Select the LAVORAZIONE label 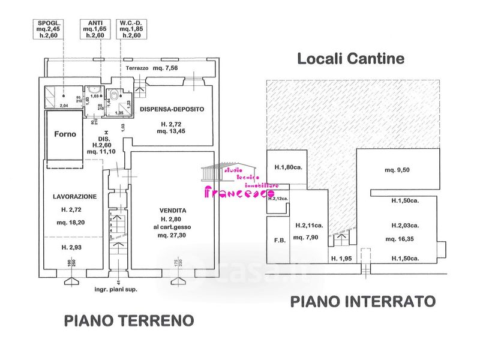coord(74,196)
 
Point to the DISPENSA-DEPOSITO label coord(172,109)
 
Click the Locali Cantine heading coord(351,58)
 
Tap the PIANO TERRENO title coord(129,320)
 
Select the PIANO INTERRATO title coord(362,301)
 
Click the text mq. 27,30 coord(173,235)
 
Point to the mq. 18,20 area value coord(74,223)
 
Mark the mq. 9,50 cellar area coord(398,170)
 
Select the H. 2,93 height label coord(74,247)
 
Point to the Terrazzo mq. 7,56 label coord(151,68)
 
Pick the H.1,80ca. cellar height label coord(288,167)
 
